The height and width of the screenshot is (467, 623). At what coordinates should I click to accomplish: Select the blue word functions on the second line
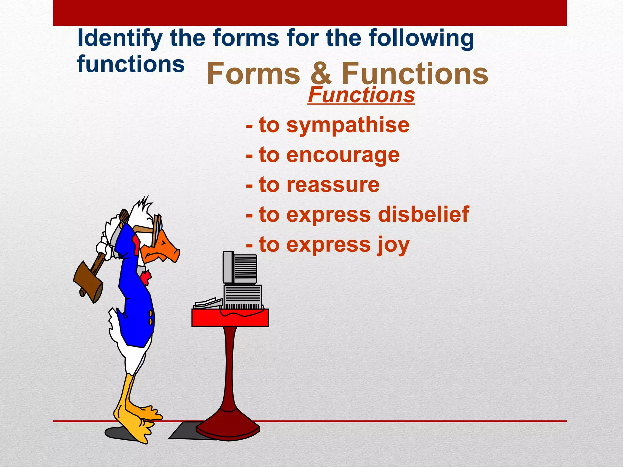pos(131,64)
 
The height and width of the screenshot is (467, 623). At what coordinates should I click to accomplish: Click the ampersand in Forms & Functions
pos(321,74)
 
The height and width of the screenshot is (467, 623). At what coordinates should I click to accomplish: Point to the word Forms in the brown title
pos(253,74)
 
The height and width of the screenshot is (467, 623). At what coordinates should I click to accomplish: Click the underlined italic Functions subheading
pos(361,95)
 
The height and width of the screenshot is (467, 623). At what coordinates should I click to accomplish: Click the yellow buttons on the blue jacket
pos(150,317)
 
